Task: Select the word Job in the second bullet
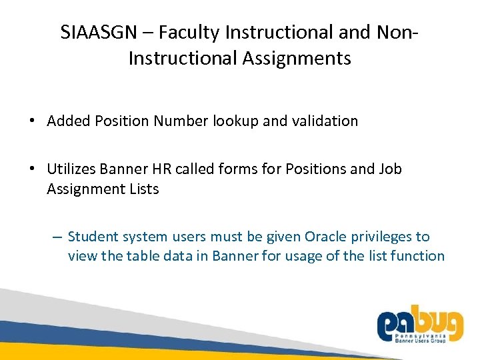click(x=389, y=169)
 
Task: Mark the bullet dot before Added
click(x=31, y=121)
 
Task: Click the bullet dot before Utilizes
click(x=31, y=169)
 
